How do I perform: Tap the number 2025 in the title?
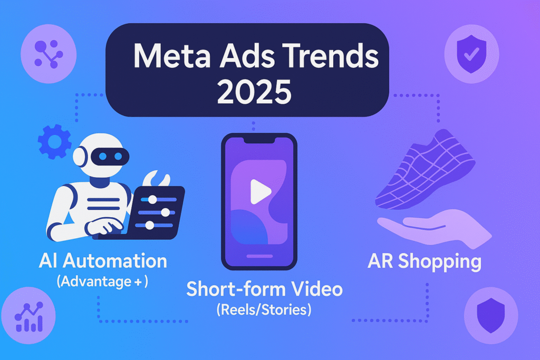254,92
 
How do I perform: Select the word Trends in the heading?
330,56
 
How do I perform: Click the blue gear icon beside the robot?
55,142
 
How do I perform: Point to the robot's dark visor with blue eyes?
110,157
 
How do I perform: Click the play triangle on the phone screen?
260,191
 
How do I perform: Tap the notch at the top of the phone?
259,140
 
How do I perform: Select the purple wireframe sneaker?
426,170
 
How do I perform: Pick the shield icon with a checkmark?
471,54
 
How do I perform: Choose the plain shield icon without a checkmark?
491,315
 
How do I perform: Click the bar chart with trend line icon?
29,317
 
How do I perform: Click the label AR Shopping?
425,261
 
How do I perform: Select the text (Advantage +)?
102,281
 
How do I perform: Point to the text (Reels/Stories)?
264,310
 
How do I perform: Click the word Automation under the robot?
115,261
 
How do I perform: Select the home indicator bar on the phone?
259,256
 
